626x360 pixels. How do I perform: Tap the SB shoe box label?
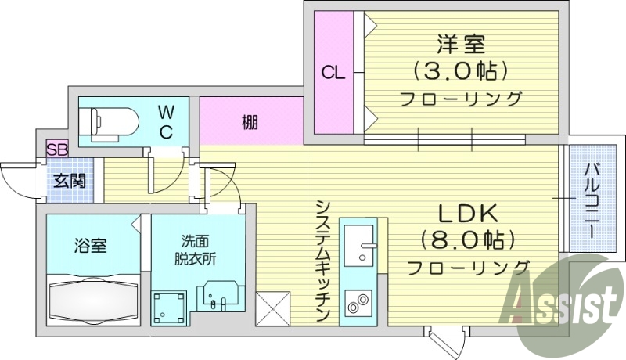coord(57,149)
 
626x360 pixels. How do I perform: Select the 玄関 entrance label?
coord(70,181)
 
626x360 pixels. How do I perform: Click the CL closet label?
coord(334,74)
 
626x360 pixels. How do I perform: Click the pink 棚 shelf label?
coord(250,121)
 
